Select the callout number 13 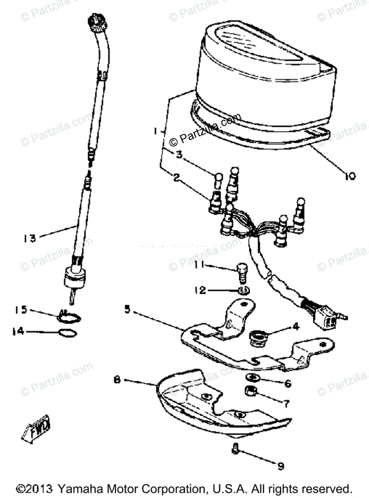point(30,238)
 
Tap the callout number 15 point(21,310)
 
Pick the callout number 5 point(127,310)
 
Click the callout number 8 point(117,379)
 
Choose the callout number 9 point(280,466)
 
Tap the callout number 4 point(295,326)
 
